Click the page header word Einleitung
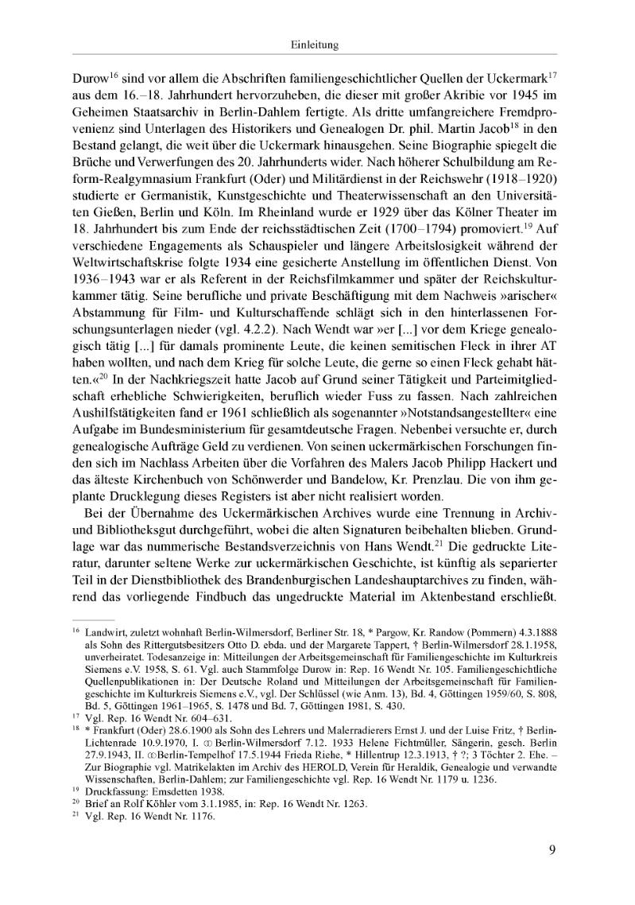pos(316,47)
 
